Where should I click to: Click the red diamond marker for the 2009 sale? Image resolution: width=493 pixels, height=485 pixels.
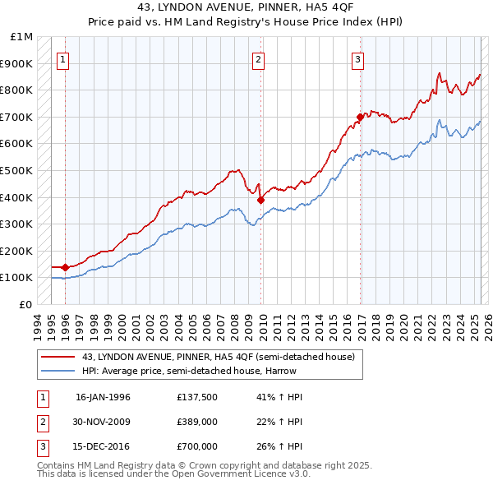[261, 199]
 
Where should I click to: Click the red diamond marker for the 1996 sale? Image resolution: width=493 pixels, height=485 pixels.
[65, 267]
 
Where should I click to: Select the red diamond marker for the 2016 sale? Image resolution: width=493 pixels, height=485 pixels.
[360, 117]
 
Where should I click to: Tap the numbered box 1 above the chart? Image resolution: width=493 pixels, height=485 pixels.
[64, 59]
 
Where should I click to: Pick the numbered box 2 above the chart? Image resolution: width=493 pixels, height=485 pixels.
[258, 59]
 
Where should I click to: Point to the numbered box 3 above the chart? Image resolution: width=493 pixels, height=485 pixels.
[358, 59]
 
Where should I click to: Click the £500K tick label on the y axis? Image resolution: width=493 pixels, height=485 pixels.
[18, 170]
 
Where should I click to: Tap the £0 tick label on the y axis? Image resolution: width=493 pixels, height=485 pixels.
[26, 304]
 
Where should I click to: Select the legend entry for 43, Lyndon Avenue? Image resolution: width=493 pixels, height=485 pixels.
[218, 357]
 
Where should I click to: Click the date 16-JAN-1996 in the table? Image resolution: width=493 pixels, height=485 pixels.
[103, 397]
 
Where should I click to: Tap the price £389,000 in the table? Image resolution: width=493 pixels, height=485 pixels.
[196, 422]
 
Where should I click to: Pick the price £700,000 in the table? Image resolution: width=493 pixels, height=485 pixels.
[196, 446]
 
